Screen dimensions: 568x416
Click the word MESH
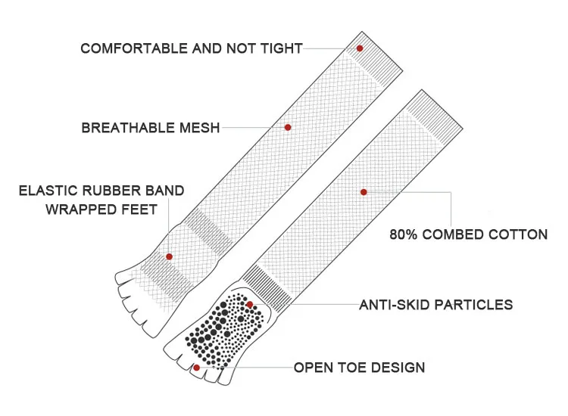(200, 129)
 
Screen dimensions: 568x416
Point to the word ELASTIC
(49, 191)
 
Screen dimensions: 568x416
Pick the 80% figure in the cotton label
(404, 234)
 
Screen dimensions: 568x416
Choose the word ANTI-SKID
(390, 306)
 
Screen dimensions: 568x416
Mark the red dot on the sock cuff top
(360, 48)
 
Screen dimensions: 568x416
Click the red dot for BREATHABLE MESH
(288, 127)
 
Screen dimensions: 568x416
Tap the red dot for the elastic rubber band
(169, 256)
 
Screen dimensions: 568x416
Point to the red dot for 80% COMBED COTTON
(364, 192)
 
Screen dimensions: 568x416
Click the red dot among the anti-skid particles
(250, 305)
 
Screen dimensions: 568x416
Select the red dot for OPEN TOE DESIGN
(197, 368)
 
